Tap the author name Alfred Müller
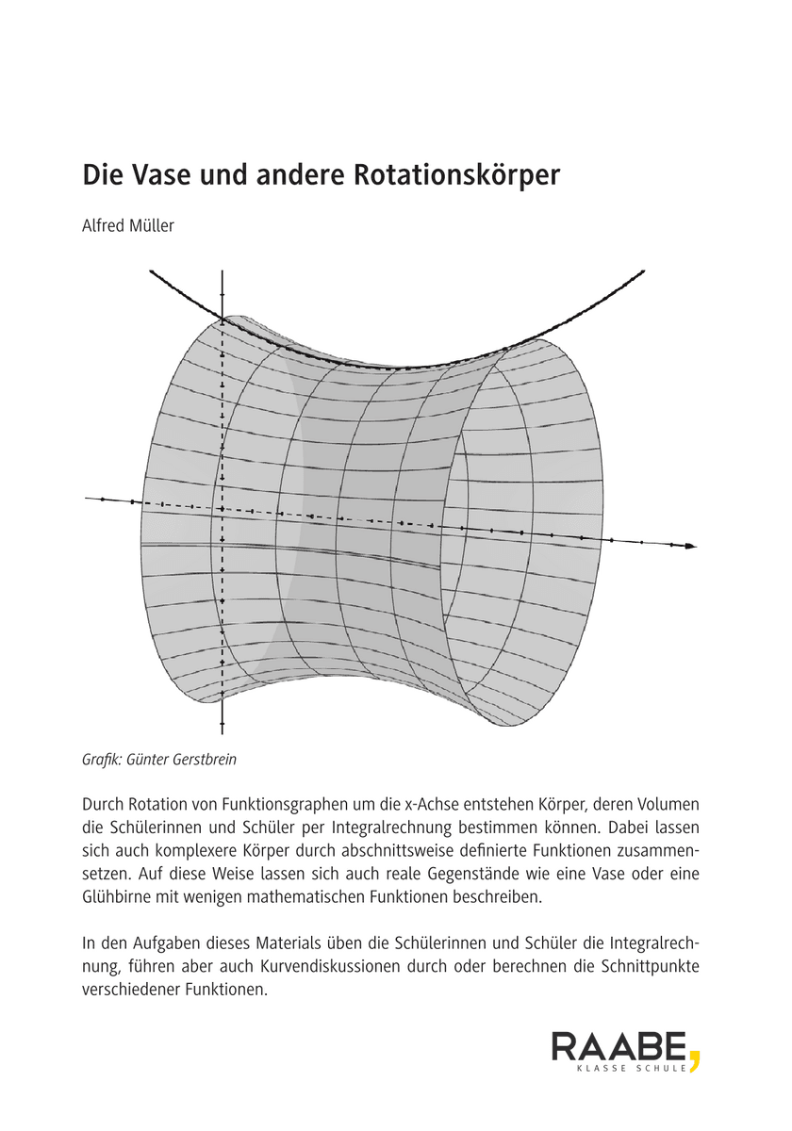[128, 226]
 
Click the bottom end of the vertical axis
[222, 730]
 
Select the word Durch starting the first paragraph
[105, 806]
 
